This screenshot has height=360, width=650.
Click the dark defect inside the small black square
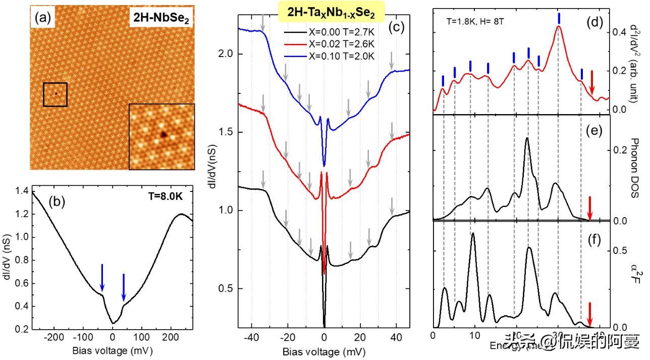pos(56,93)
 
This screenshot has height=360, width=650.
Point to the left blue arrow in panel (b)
pos(102,278)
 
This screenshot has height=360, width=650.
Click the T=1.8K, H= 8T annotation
pos(473,23)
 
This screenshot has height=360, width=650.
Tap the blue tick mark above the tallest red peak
pos(559,18)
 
